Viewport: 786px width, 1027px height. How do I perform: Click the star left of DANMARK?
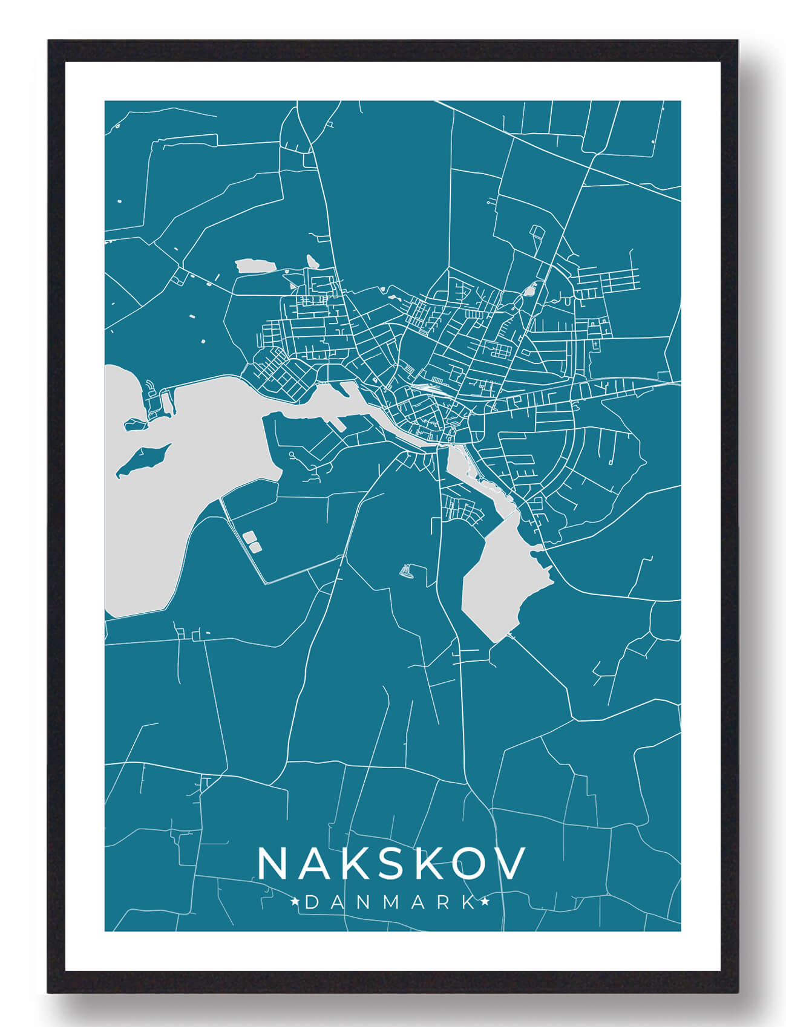click(x=296, y=903)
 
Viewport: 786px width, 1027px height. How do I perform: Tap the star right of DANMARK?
click(x=485, y=903)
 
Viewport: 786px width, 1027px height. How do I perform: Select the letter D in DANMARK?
click(x=311, y=903)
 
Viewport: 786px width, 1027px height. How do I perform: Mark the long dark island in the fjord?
click(x=143, y=460)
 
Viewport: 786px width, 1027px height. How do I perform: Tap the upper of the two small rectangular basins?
click(x=248, y=536)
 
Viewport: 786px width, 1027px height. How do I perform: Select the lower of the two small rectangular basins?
click(x=255, y=547)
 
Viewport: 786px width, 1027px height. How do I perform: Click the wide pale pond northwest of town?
click(x=254, y=266)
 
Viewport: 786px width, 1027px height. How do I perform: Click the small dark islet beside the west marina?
click(x=136, y=425)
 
